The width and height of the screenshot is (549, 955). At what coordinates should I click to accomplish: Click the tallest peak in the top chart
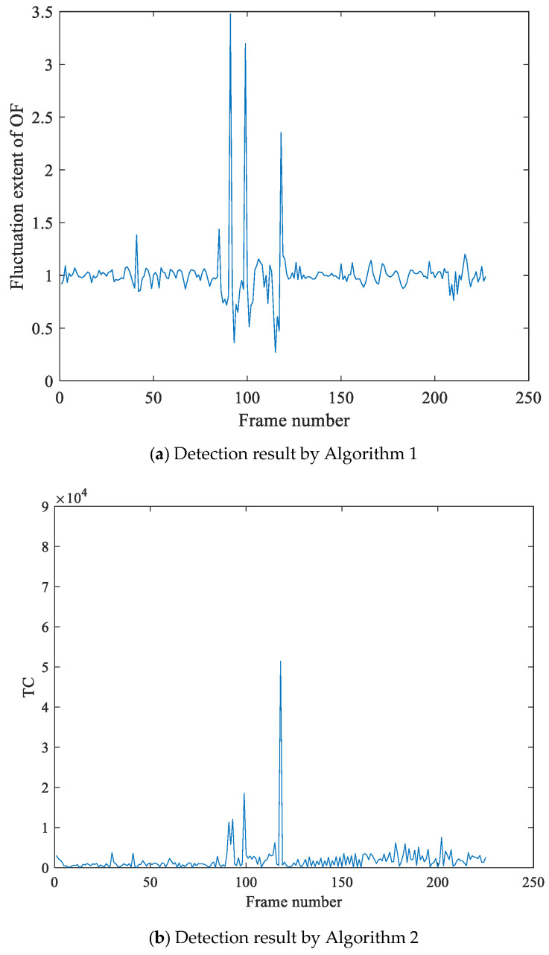pos(230,15)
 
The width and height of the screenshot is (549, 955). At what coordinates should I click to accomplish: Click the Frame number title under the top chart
pos(293,421)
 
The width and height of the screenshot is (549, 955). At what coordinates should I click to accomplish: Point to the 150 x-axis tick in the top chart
pos(340,397)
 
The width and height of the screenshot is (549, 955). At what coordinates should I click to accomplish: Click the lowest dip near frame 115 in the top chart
pos(275,351)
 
